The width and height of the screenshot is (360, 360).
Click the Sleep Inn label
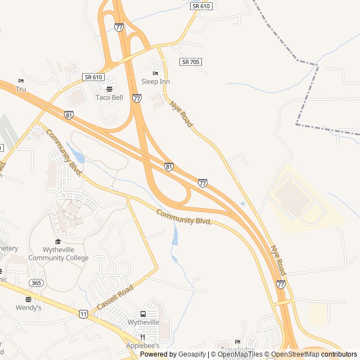coord(155,82)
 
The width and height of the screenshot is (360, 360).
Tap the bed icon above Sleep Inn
coord(156,73)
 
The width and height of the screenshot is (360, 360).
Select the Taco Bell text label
coord(109,97)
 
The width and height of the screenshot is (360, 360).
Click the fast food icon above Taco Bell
coord(109,89)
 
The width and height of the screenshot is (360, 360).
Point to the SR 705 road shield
coord(191,61)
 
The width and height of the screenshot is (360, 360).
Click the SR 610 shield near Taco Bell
coord(93,76)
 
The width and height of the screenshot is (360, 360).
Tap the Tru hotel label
coord(21,89)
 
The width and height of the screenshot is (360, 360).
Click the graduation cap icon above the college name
coord(58,241)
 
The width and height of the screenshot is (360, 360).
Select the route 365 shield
coord(36,282)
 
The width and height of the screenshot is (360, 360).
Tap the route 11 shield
coord(83,313)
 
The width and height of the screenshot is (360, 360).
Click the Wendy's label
coord(29,308)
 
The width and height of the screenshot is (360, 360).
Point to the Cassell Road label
coord(115,296)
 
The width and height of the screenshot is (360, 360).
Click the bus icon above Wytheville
coord(143,314)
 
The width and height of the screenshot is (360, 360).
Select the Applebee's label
coord(143,345)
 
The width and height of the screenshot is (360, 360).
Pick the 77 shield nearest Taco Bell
coord(137,98)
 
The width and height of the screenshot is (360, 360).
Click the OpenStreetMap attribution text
coord(292,354)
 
